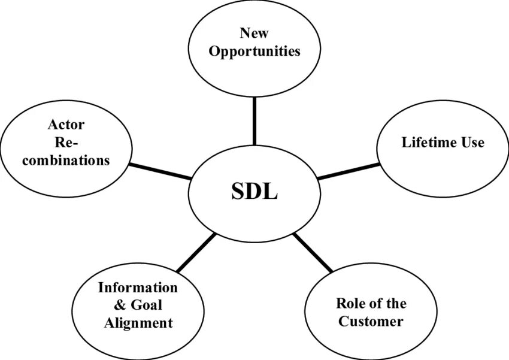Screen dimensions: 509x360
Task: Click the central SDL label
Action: pos(255,192)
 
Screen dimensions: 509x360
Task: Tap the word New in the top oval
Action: pos(254,33)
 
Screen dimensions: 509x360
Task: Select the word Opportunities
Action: pos(255,52)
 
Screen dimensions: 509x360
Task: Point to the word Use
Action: pos(472,143)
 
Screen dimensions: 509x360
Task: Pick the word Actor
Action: pos(66,125)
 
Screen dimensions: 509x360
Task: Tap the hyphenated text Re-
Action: pos(66,143)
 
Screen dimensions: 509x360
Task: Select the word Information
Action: pos(138,288)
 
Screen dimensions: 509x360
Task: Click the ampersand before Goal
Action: pos(119,305)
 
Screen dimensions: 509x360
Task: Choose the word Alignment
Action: pos(138,323)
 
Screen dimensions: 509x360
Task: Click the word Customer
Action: pos(371,321)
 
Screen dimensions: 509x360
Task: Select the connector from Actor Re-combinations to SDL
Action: pos(160,171)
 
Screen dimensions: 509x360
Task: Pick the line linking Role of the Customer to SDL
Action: pos(313,252)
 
